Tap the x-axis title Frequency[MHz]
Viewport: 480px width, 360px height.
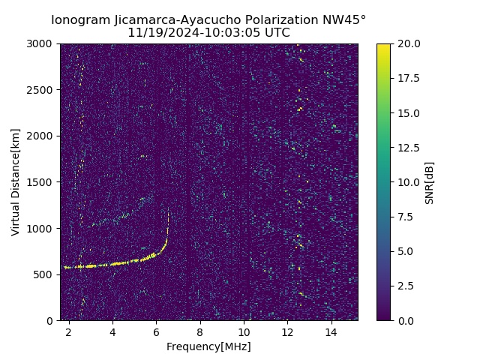pos(208,346)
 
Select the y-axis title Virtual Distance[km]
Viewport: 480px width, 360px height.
pos(16,182)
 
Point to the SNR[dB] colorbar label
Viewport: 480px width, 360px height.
pos(430,182)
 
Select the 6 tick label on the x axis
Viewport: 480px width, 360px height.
pos(156,331)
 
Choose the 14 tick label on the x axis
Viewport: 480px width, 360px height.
pos(331,331)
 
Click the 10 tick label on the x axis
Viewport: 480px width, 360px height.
pos(244,331)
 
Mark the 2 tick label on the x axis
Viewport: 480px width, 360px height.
pos(69,331)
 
